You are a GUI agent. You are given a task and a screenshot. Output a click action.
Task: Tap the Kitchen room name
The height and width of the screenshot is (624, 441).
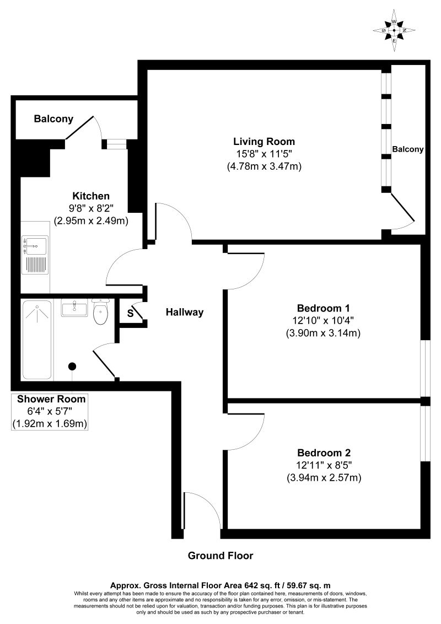[x=91, y=196]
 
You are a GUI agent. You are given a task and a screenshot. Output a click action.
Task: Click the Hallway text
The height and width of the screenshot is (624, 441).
[x=185, y=312]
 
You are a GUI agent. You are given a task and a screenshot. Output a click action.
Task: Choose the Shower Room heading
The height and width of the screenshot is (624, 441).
[x=51, y=399]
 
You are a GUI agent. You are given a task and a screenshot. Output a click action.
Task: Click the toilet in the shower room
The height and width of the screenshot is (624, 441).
[x=100, y=314]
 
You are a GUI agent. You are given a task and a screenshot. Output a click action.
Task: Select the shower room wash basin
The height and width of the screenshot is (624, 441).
[x=74, y=308]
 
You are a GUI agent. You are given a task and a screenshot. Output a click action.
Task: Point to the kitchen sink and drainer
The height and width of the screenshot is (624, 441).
[x=35, y=255]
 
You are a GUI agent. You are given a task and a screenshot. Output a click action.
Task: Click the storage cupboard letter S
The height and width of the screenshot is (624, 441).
[x=130, y=313]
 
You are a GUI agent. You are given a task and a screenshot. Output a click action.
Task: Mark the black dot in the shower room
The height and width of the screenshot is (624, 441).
[x=72, y=366]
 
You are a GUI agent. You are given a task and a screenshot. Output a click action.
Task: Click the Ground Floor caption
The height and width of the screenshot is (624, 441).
[x=220, y=555]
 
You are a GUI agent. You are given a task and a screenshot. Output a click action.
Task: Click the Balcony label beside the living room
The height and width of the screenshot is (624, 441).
[x=408, y=149]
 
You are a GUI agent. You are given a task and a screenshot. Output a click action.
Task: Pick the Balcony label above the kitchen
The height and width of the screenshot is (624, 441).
[x=53, y=119]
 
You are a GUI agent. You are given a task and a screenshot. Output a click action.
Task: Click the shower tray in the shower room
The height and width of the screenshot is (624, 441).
[x=37, y=339]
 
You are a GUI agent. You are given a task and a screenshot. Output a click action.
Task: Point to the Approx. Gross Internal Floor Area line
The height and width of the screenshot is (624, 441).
[x=220, y=585]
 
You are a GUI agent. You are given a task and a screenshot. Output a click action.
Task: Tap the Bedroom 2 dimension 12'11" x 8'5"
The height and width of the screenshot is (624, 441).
[x=323, y=465]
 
